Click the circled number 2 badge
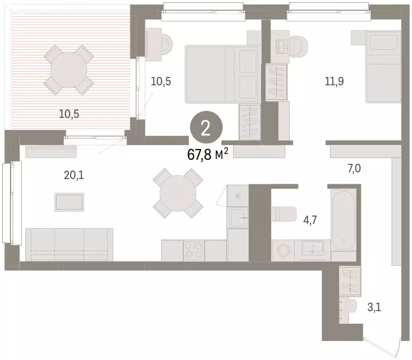(206, 127)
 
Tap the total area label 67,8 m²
(207, 154)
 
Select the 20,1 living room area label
(74, 175)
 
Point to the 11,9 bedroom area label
(334, 82)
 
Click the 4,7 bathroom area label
(310, 220)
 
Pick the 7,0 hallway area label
(354, 168)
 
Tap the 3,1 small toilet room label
(374, 307)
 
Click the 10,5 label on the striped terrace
(69, 114)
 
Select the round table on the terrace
(68, 70)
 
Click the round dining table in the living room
(178, 193)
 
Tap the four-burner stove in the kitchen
(194, 250)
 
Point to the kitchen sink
(239, 217)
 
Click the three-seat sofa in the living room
(69, 245)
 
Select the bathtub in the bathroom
(344, 221)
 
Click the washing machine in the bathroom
(283, 250)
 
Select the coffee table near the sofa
(69, 202)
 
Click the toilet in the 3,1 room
(351, 306)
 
